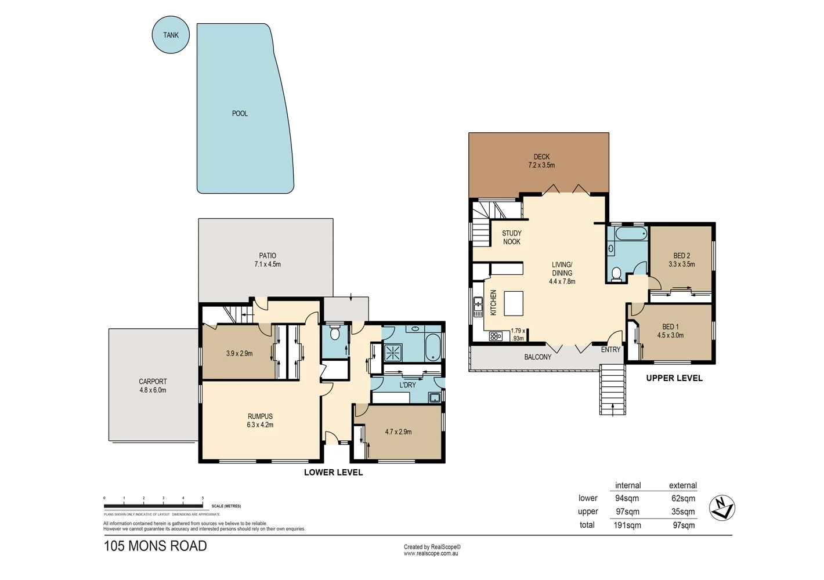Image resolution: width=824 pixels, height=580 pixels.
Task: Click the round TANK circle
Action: pyautogui.click(x=171, y=35)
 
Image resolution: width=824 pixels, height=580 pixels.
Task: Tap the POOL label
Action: pyautogui.click(x=240, y=114)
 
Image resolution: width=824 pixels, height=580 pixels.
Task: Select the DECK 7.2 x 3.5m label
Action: pyautogui.click(x=541, y=161)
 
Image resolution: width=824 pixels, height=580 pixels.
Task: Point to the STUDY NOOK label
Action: pyautogui.click(x=511, y=237)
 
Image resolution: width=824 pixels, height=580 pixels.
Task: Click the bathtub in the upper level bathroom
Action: pyautogui.click(x=630, y=234)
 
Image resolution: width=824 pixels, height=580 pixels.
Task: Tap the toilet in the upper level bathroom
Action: pyautogui.click(x=616, y=273)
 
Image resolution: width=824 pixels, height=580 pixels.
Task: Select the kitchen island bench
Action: pyautogui.click(x=514, y=303)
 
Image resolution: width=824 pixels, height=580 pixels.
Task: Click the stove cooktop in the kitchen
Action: pyautogui.click(x=495, y=336)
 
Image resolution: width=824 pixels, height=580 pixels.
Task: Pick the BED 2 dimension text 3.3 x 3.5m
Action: pyautogui.click(x=681, y=264)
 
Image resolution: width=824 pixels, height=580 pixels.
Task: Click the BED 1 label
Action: pyautogui.click(x=670, y=327)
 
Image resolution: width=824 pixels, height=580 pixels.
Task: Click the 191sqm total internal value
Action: pyautogui.click(x=627, y=525)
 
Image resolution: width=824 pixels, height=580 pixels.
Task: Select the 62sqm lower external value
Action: pyautogui.click(x=683, y=498)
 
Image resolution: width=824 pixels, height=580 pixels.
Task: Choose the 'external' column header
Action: pyautogui.click(x=682, y=485)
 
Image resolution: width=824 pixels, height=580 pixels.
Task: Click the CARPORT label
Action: pyautogui.click(x=153, y=382)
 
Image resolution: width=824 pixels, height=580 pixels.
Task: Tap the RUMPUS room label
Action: pyautogui.click(x=260, y=416)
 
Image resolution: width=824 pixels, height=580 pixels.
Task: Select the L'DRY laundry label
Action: pyautogui.click(x=407, y=385)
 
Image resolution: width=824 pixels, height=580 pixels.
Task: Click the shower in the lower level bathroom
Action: pyautogui.click(x=394, y=351)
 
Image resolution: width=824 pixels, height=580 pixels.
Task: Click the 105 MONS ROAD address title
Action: pyautogui.click(x=155, y=546)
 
